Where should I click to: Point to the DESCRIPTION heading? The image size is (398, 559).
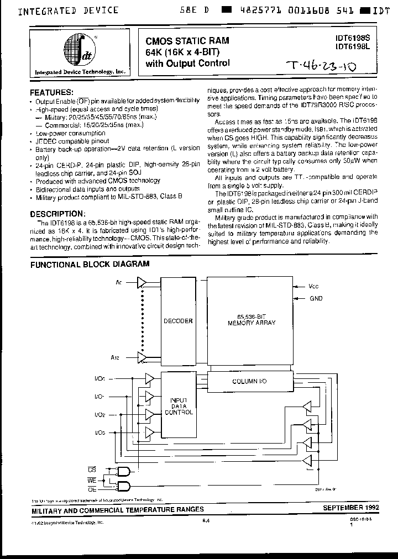[x=58, y=213]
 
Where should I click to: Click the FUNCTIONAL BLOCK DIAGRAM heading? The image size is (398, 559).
[x=90, y=264]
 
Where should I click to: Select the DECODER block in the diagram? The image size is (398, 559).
[x=178, y=320]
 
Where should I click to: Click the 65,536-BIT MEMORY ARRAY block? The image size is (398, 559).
[x=252, y=320]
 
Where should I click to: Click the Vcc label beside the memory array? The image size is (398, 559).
[x=313, y=287]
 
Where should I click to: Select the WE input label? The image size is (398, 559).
[x=92, y=479]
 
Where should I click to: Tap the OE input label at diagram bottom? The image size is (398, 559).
[x=92, y=489]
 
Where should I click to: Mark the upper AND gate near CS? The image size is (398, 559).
[x=124, y=471]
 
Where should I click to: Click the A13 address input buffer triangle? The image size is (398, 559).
[x=142, y=358]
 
